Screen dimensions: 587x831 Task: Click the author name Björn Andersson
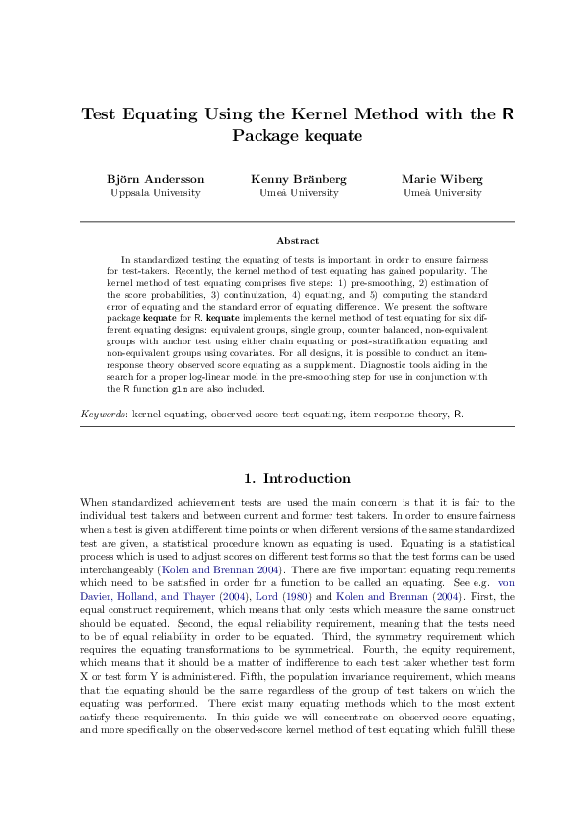click(x=156, y=179)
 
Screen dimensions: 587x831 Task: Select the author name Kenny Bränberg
click(x=299, y=179)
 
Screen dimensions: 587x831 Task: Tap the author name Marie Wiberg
click(x=442, y=179)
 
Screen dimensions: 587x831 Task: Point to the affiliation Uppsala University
click(x=156, y=193)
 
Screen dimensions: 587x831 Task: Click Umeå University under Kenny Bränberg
click(x=299, y=193)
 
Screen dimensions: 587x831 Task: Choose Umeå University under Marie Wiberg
click(x=442, y=193)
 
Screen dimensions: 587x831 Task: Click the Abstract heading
click(x=297, y=240)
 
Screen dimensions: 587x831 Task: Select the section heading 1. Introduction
click(x=297, y=478)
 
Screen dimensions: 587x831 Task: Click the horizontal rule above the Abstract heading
click(x=297, y=221)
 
